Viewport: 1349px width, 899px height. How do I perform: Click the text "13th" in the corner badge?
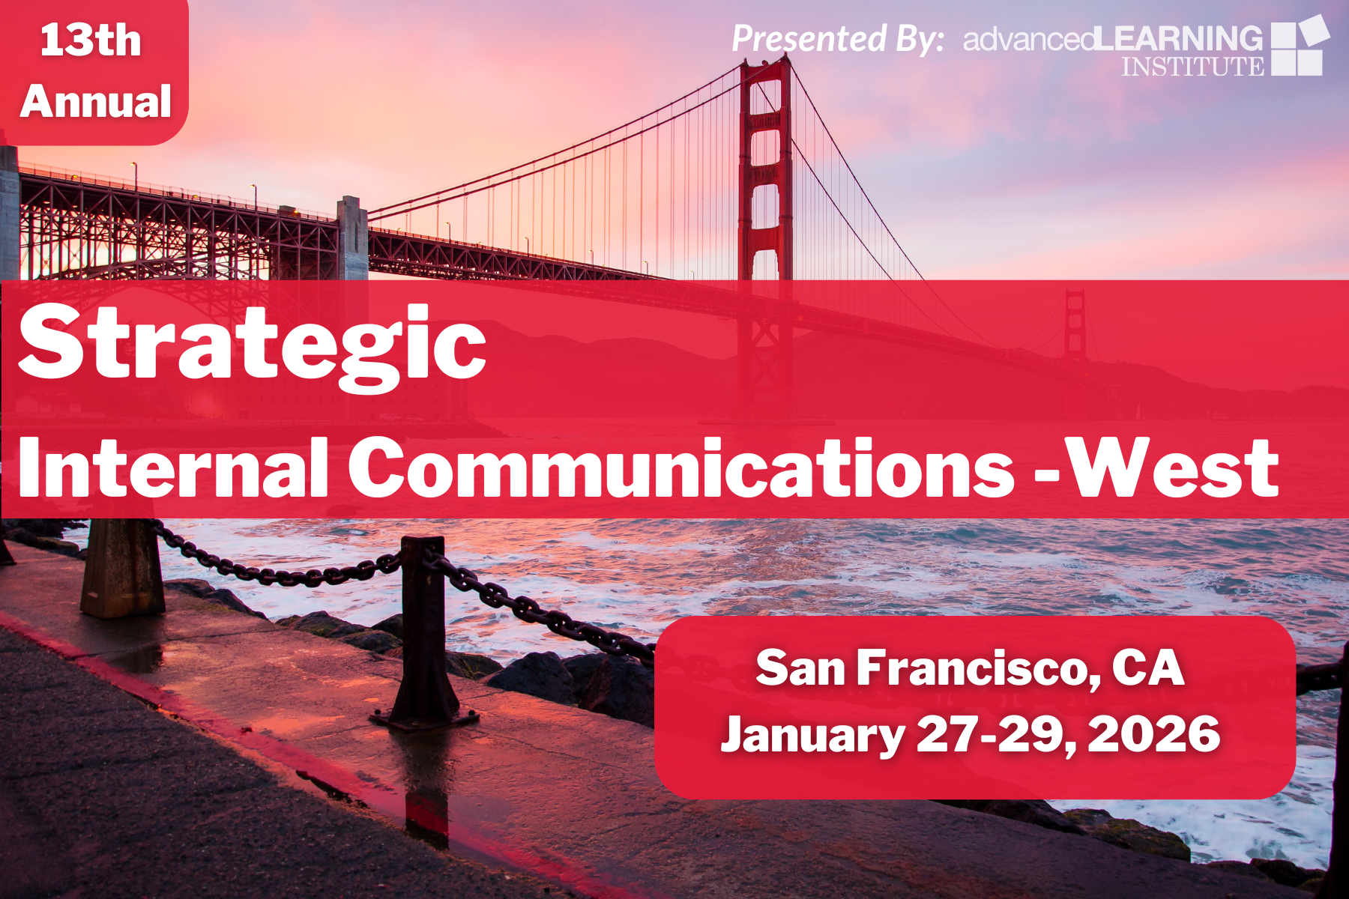91,40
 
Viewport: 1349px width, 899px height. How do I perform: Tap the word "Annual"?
96,101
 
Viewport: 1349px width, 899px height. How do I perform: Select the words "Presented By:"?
838,39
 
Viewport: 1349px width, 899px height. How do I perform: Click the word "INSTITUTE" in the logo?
1192,66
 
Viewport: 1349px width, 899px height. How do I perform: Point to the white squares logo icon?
1300,46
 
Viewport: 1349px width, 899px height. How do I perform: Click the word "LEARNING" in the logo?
1179,38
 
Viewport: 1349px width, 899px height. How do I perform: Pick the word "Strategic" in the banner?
253,348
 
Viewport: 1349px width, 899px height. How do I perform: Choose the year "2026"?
1153,733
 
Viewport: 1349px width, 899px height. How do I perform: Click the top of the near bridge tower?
765,64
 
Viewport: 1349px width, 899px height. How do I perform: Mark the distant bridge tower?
1075,326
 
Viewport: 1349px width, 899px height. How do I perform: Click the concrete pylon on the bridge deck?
352,238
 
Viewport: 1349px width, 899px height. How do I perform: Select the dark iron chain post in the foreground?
425,633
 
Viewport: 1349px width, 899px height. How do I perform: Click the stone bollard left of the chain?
122,567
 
